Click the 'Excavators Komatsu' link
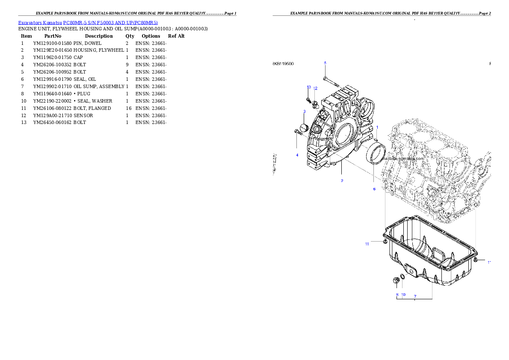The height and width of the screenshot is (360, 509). click(40, 23)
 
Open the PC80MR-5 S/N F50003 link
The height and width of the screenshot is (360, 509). click(110, 23)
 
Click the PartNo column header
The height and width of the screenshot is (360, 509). click(53, 36)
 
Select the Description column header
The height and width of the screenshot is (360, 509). click(99, 36)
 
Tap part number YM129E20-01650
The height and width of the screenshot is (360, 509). click(52, 50)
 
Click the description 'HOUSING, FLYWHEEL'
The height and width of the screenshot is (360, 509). click(99, 50)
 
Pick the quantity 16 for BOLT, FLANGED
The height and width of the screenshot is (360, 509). click(129, 109)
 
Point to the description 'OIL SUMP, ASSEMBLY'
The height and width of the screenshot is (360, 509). click(99, 87)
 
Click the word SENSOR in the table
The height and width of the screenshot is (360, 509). click(83, 115)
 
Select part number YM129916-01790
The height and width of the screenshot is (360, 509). click(52, 79)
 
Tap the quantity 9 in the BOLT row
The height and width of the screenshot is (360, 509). click(127, 65)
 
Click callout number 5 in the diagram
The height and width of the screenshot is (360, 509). click(325, 63)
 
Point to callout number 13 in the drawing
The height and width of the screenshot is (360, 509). click(309, 87)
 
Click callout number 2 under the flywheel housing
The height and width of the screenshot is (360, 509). click(342, 181)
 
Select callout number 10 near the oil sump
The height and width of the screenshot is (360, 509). click(403, 295)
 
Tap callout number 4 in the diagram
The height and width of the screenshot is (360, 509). click(297, 155)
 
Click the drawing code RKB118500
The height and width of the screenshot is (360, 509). click(283, 64)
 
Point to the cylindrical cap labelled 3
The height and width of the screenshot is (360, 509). click(304, 128)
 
